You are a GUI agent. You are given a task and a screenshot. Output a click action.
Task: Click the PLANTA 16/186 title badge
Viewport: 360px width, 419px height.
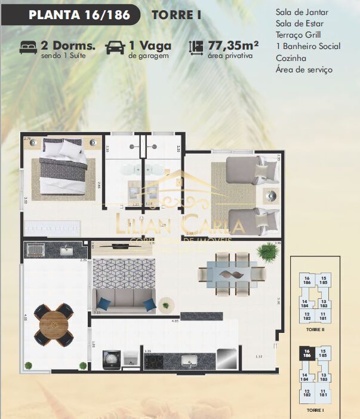(x=79, y=15)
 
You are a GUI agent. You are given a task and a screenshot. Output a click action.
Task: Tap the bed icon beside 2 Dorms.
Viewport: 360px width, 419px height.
(x=28, y=46)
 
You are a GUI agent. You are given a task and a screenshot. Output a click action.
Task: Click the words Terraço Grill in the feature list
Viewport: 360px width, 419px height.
(x=299, y=35)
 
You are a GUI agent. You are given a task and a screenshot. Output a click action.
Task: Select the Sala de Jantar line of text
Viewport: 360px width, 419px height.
(x=302, y=12)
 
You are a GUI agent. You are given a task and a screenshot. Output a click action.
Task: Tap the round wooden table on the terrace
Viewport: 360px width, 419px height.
(x=54, y=325)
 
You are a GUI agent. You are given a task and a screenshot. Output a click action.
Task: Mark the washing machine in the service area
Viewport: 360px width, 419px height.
(x=112, y=360)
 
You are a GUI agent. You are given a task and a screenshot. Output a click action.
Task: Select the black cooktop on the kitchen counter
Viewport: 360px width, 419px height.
(x=154, y=362)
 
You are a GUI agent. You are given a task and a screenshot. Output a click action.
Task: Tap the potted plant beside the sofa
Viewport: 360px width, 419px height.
(x=165, y=305)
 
